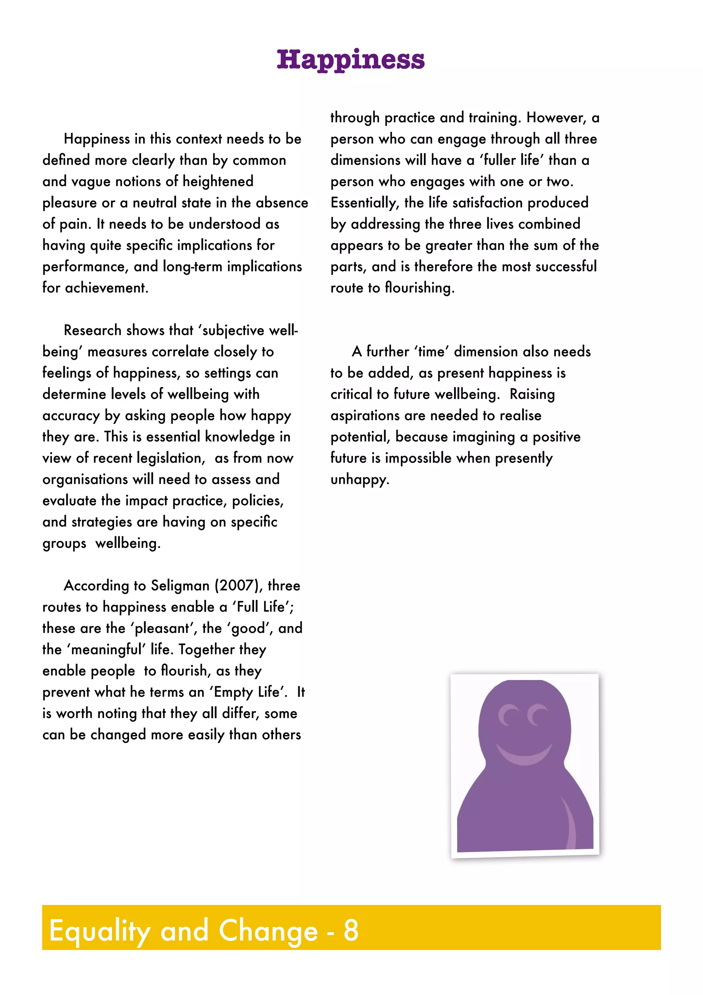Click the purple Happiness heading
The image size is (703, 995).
[350, 59]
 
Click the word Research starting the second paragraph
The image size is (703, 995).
[92, 331]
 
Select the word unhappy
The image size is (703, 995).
[359, 480]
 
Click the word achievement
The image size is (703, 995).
[106, 288]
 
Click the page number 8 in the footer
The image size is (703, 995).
[351, 930]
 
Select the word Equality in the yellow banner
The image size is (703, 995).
[100, 931]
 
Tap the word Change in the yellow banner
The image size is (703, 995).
[268, 930]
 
